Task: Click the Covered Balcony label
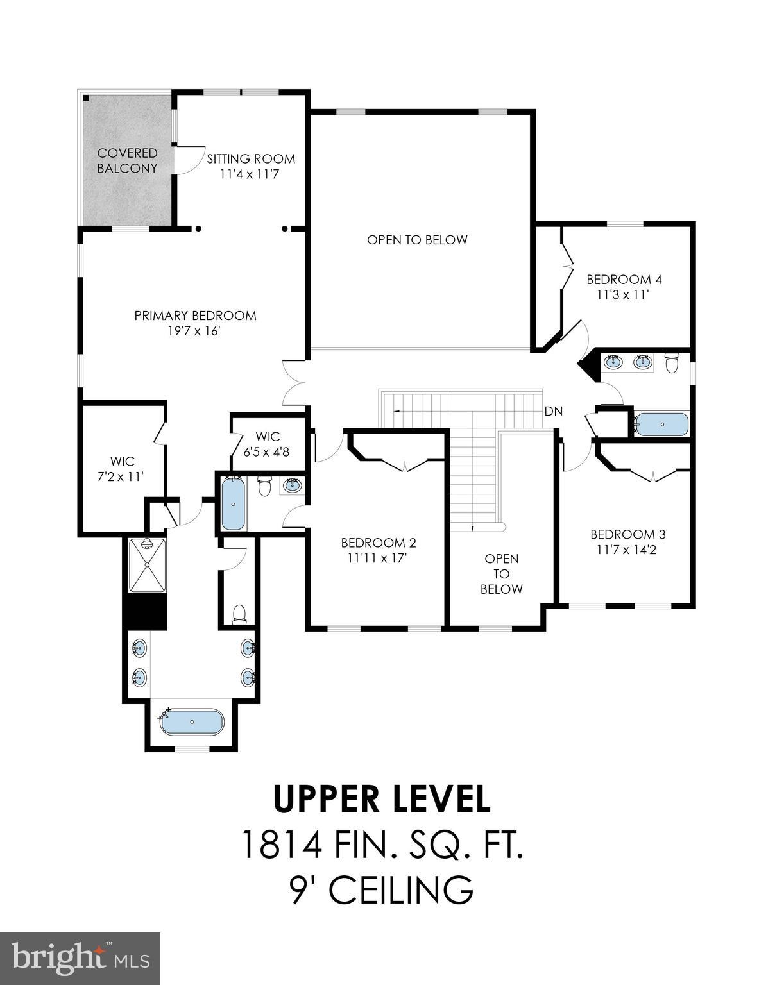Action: click(127, 160)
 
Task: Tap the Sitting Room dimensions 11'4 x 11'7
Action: click(250, 174)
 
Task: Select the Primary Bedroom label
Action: click(195, 316)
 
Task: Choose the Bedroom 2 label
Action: click(378, 543)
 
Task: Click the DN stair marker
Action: click(553, 411)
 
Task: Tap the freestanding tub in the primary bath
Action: click(192, 722)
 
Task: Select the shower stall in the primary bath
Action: click(147, 565)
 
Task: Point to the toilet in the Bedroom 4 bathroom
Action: click(672, 363)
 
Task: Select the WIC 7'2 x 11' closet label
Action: click(121, 469)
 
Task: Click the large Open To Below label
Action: click(417, 240)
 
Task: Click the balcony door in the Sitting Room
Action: click(183, 160)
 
